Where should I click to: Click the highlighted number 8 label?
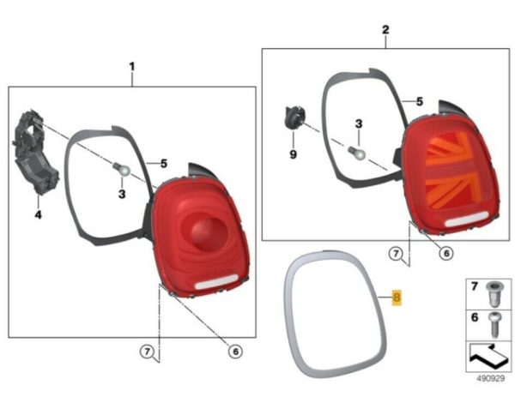(x=397, y=298)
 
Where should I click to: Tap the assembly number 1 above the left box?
(x=131, y=67)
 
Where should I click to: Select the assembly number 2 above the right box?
(x=385, y=30)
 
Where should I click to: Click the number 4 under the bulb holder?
(x=39, y=215)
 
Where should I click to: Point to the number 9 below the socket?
(x=294, y=154)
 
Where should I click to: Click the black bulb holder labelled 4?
(x=34, y=153)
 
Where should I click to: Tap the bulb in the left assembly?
(x=122, y=169)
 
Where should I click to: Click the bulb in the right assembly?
(x=357, y=153)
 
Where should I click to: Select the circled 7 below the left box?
(x=147, y=352)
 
